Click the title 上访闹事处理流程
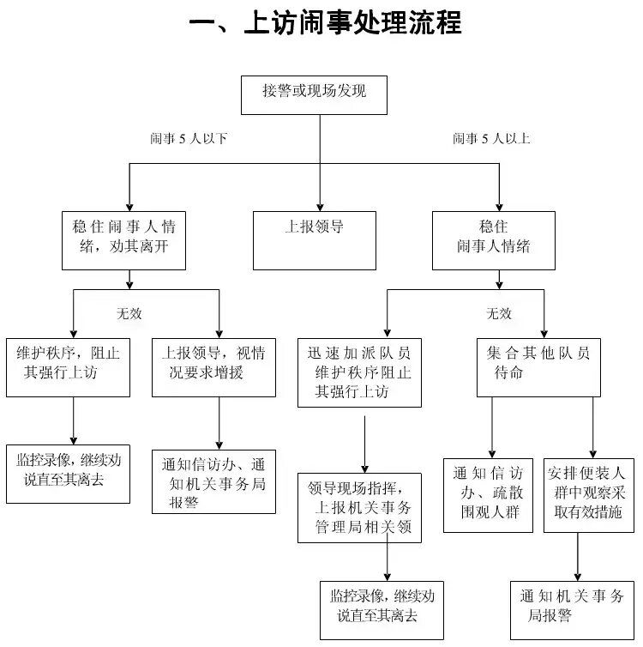tap(325, 22)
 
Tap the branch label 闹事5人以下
tap(189, 138)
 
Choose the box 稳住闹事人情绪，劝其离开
tap(129, 240)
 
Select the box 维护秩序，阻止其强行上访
tap(68, 366)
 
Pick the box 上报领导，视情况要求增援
tap(213, 366)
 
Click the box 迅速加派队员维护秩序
tap(359, 372)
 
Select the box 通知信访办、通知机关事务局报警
tap(213, 481)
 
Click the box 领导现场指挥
tap(359, 508)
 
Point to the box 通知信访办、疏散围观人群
tap(491, 496)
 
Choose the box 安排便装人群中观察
tap(588, 496)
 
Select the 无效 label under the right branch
tap(499, 313)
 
